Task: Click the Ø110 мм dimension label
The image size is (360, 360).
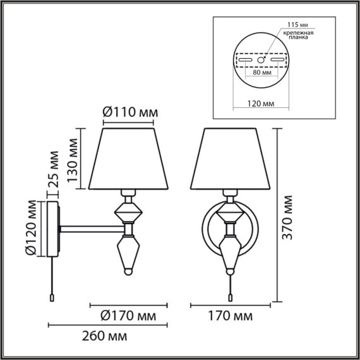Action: (129, 112)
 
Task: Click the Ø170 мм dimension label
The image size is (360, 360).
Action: (129, 315)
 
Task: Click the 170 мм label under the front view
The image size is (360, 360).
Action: (231, 315)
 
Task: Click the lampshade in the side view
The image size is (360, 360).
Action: (130, 158)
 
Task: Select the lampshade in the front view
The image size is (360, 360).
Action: (231, 158)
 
